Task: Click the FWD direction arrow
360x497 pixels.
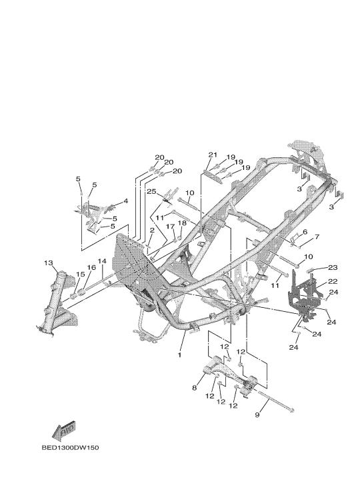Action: pos(64,431)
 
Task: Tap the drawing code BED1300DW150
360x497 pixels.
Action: pos(70,448)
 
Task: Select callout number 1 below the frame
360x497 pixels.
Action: pos(179,354)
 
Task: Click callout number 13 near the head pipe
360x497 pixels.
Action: pos(49,262)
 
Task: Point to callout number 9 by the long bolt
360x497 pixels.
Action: pos(257,414)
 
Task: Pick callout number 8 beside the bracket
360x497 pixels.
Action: pos(195,388)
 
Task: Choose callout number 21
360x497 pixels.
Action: pos(213,155)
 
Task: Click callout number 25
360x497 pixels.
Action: pos(151,191)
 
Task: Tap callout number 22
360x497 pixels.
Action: pos(333,281)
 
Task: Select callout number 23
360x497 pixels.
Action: pos(333,268)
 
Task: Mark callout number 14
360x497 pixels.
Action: pos(102,261)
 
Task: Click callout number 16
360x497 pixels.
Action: pos(91,268)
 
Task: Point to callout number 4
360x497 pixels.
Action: pos(125,201)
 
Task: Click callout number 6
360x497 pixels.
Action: pos(305,232)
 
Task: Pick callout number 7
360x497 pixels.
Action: pos(317,237)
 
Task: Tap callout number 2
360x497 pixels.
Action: pos(152,230)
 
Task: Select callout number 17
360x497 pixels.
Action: pos(170,227)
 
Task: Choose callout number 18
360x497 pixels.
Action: pos(182,223)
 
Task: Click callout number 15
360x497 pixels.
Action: pos(81,274)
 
